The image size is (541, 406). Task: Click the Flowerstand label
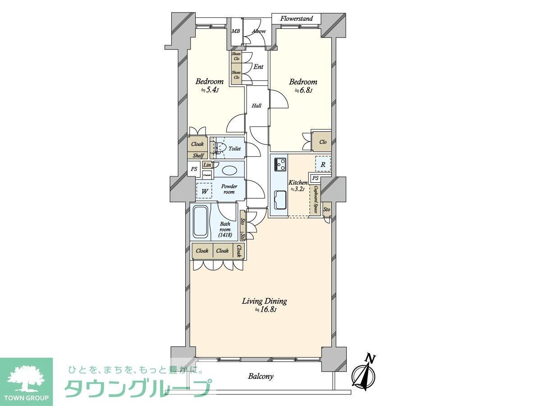click(x=296, y=18)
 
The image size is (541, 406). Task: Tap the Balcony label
click(x=261, y=376)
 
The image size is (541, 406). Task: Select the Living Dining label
click(x=264, y=301)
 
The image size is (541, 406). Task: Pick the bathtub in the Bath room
click(x=200, y=222)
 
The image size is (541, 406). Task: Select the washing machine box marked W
click(x=205, y=191)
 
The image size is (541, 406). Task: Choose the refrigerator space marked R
click(x=323, y=164)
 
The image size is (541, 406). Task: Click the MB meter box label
click(x=235, y=31)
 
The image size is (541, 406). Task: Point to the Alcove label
click(x=258, y=31)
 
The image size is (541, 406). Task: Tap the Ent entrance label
click(x=258, y=67)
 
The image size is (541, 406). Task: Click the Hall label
click(x=257, y=106)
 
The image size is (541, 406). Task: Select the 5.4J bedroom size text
click(x=210, y=90)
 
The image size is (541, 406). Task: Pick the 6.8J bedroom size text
click(x=303, y=90)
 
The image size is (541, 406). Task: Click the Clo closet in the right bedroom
click(x=323, y=142)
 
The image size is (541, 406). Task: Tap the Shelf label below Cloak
click(x=198, y=155)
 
